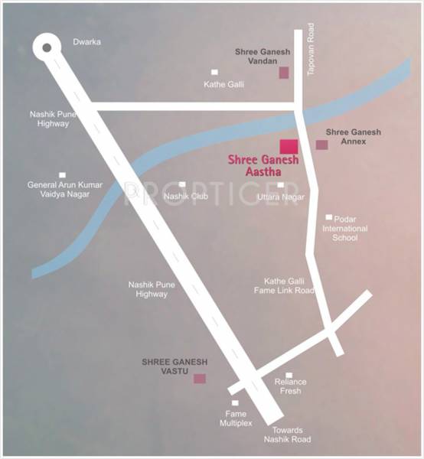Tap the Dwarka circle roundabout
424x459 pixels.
tap(48, 47)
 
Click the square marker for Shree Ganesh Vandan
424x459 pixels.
tap(283, 73)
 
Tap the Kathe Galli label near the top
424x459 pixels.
tap(223, 84)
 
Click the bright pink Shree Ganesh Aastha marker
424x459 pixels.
tap(289, 147)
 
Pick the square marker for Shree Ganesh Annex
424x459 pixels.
tap(321, 145)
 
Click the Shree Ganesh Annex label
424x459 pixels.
tap(353, 137)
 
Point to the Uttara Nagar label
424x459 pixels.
tap(280, 197)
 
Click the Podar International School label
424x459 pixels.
tap(344, 229)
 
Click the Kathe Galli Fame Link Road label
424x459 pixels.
tap(284, 285)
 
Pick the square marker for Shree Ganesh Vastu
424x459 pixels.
tap(199, 378)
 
